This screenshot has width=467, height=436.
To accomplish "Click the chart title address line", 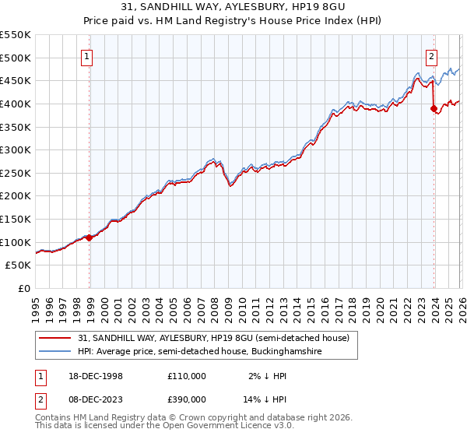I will coord(233,7).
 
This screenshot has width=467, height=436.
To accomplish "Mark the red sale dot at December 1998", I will coord(90,237).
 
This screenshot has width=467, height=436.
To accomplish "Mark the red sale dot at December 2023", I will coord(434,109).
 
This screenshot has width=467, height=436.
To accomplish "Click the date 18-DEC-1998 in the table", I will coord(94,375).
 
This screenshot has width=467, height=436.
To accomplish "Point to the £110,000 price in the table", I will coord(186,375).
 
